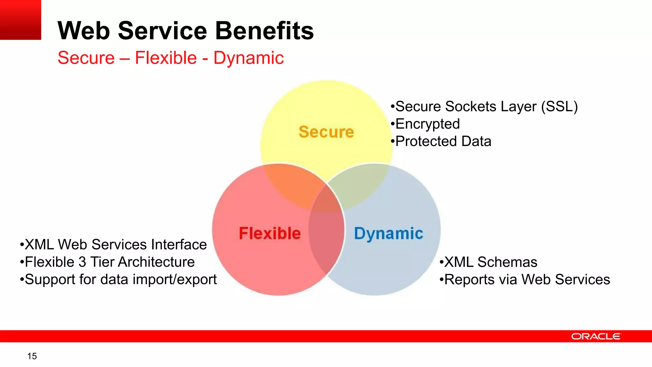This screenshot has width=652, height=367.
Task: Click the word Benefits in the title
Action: point(264,31)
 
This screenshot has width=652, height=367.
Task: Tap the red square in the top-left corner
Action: point(20,20)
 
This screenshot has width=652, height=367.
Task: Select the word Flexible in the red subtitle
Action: point(166,58)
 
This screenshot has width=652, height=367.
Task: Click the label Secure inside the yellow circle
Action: point(326,132)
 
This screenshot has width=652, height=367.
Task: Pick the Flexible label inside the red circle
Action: point(270,233)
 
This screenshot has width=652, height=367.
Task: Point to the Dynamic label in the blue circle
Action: point(388,234)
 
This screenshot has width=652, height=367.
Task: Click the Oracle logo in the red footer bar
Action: point(596,336)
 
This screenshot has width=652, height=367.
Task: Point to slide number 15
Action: point(32,356)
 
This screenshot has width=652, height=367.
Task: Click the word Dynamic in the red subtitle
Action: point(248,58)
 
